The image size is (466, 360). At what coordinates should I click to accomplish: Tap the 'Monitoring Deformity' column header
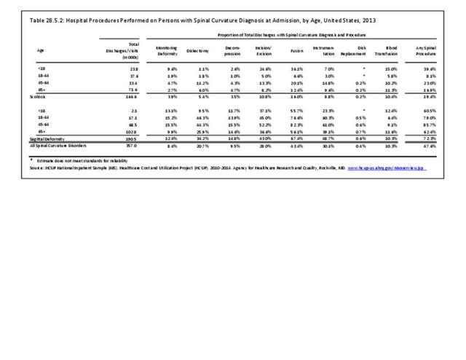[x=167, y=50]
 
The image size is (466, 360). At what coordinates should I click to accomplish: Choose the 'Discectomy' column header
[x=200, y=50]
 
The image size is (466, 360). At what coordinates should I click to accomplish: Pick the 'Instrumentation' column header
[x=325, y=50]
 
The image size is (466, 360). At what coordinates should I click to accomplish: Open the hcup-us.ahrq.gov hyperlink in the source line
[x=385, y=168]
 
